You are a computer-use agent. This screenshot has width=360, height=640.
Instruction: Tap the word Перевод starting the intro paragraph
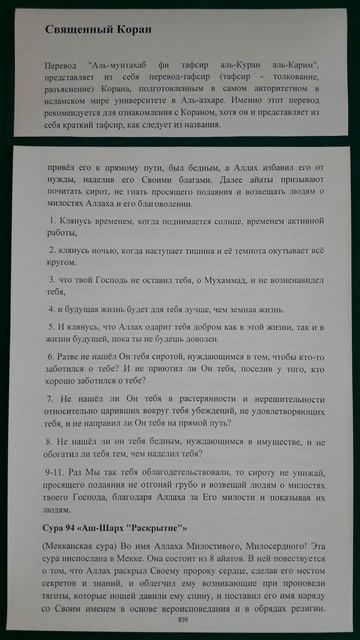62,65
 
